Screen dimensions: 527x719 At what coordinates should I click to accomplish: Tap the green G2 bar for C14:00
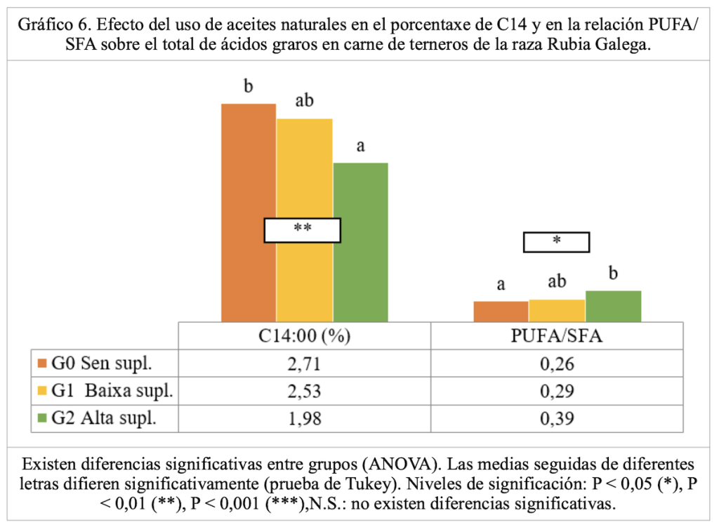point(360,281)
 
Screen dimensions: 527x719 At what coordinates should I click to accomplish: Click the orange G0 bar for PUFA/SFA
point(501,312)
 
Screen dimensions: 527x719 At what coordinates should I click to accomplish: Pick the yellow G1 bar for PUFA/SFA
point(557,311)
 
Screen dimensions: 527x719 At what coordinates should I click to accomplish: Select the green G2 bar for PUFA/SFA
point(613,306)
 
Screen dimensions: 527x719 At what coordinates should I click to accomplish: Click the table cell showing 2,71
point(304,364)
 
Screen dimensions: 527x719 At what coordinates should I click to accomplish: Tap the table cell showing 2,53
point(304,392)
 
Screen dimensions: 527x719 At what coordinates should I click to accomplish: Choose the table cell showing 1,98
point(304,419)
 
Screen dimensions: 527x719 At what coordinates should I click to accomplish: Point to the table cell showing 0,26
point(557,364)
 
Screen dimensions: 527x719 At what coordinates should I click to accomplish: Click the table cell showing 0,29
point(557,392)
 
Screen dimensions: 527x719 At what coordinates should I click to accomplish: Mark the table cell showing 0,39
point(557,419)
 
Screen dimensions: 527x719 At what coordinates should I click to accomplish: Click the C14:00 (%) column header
point(304,337)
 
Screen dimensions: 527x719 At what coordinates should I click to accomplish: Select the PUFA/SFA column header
point(557,337)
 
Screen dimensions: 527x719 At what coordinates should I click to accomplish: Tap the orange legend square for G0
point(41,363)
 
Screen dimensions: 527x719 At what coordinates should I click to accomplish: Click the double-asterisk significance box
point(302,230)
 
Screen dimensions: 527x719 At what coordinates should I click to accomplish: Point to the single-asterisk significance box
point(556,241)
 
